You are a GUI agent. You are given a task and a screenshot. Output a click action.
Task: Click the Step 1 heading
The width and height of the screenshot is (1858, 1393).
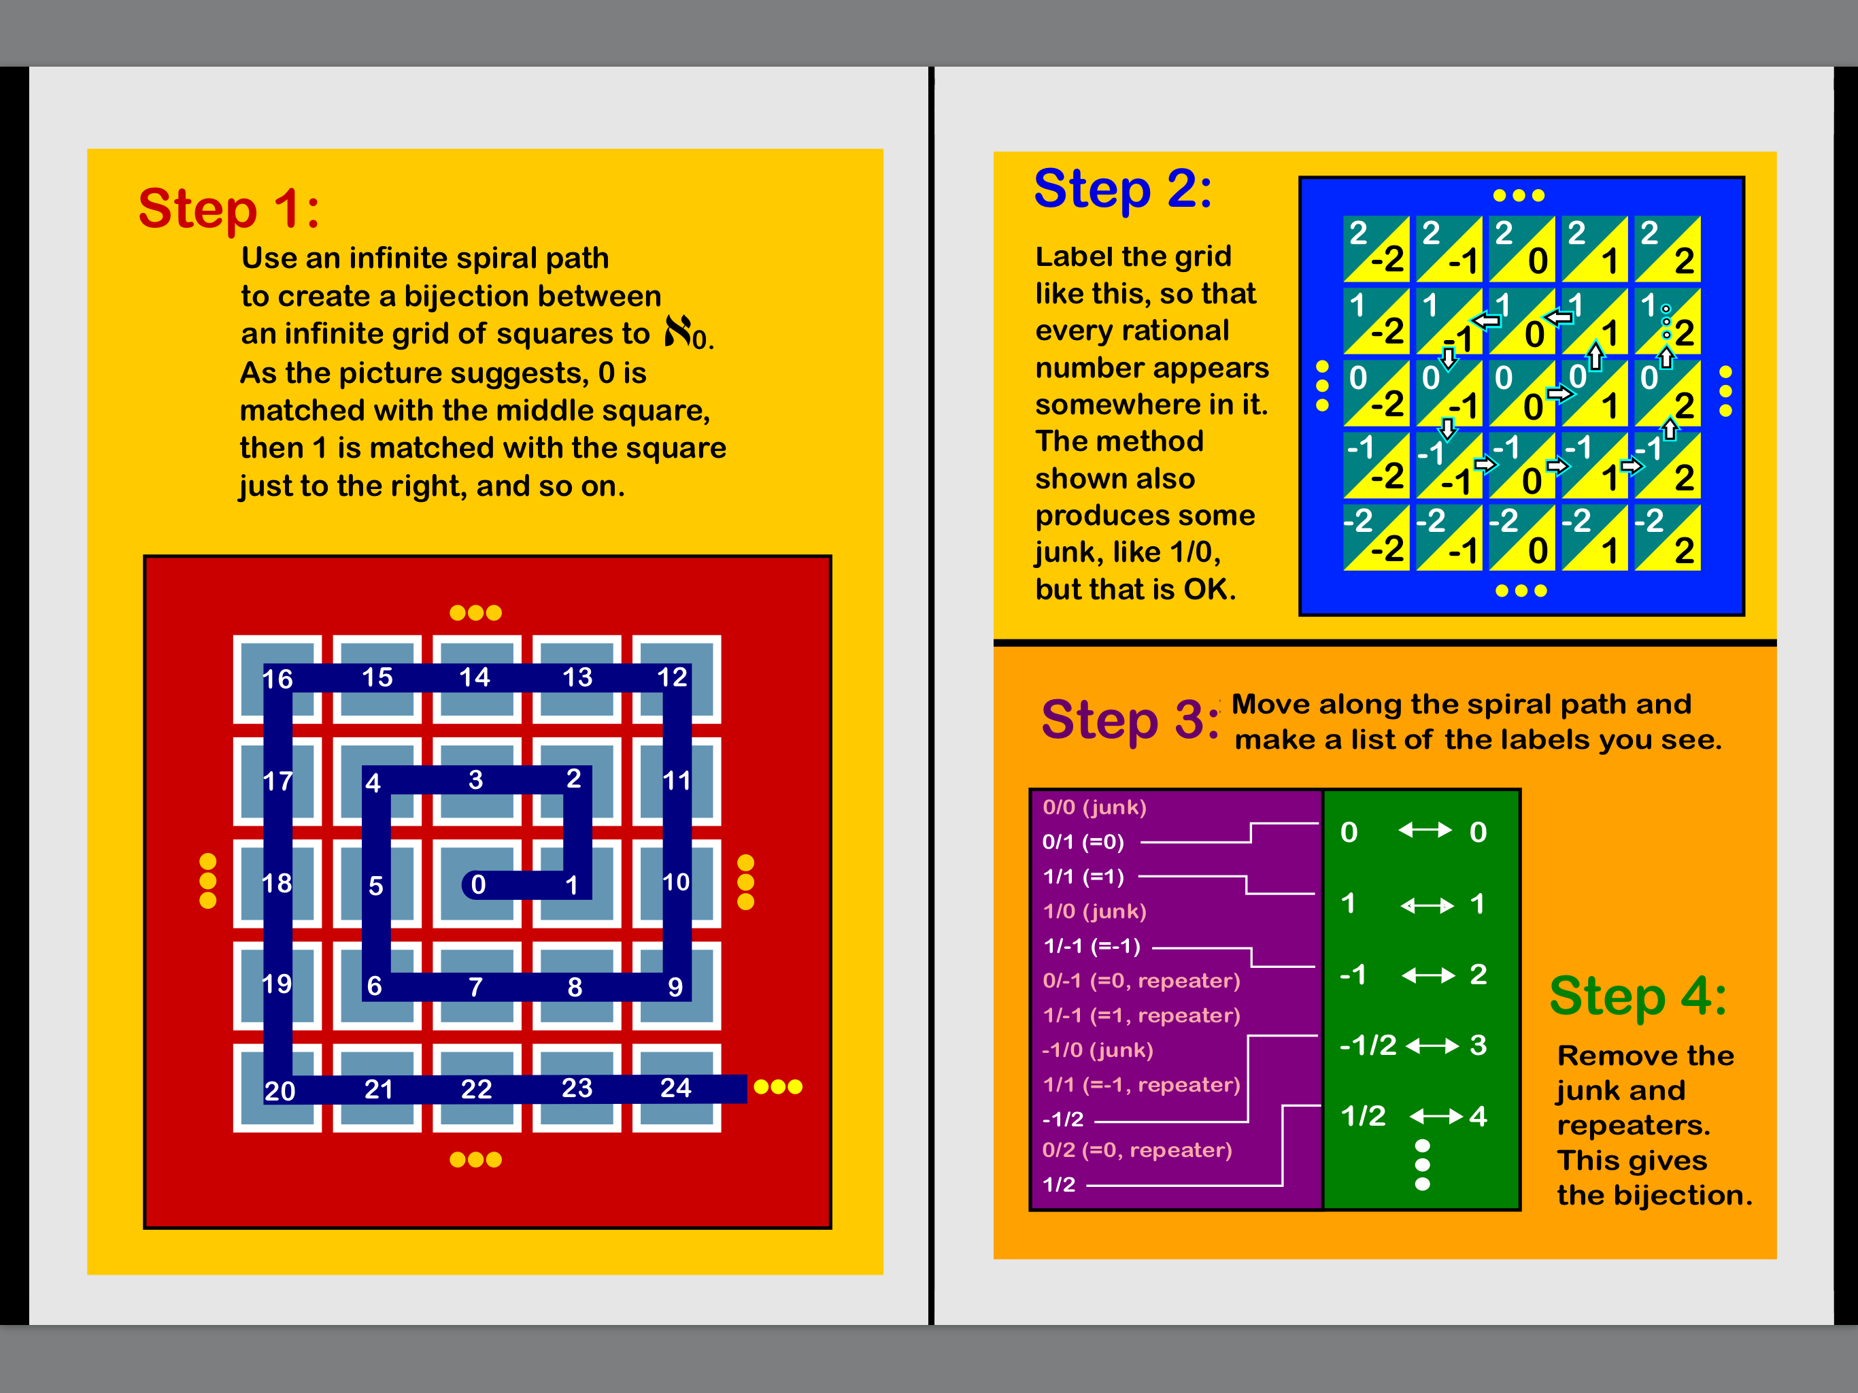[x=229, y=208]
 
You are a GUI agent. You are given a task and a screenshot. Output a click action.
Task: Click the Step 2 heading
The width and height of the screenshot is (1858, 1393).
[x=1123, y=189]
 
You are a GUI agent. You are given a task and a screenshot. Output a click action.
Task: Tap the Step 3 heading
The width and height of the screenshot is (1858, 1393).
[x=1130, y=720]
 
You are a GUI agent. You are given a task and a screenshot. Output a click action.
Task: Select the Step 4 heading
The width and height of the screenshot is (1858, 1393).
[x=1638, y=996]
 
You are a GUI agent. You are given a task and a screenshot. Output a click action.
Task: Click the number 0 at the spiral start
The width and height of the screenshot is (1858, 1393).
[x=478, y=884]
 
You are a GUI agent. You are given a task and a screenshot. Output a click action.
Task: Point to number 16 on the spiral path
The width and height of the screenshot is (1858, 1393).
[x=277, y=679]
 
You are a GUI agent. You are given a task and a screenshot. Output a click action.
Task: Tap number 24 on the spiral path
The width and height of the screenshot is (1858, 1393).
[x=675, y=1088]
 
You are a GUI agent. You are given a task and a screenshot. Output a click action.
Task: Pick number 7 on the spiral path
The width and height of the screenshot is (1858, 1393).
[x=475, y=986]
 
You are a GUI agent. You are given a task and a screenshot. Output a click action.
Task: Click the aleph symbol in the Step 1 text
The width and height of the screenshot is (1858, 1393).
[x=679, y=332]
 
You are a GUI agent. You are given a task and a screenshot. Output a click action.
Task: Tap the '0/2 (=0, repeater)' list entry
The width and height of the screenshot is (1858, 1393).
[x=1137, y=1150]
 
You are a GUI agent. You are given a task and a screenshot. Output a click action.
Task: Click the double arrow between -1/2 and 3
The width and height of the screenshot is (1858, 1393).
[x=1433, y=1045]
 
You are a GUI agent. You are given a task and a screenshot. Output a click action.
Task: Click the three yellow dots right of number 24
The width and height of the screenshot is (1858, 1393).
[x=778, y=1087]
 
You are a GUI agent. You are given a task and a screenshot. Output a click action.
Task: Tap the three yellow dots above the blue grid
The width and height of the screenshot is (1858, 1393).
[x=1519, y=196]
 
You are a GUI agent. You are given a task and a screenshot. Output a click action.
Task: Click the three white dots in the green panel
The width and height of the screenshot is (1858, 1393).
[x=1422, y=1165]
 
